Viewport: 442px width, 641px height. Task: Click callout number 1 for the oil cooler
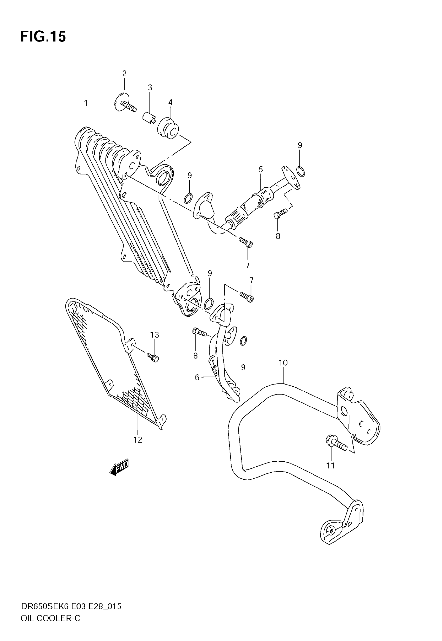pyautogui.click(x=86, y=103)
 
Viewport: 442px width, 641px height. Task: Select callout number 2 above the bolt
pyautogui.click(x=124, y=73)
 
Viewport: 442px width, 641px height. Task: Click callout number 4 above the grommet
pyautogui.click(x=170, y=103)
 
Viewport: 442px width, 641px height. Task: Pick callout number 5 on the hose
pyautogui.click(x=261, y=169)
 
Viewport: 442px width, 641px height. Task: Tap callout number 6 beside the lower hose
pyautogui.click(x=197, y=377)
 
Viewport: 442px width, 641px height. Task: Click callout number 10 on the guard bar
pyautogui.click(x=283, y=363)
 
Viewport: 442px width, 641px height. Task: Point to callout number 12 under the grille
pyautogui.click(x=138, y=440)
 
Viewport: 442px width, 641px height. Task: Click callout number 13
pyautogui.click(x=154, y=335)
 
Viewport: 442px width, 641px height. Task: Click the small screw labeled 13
pyautogui.click(x=153, y=357)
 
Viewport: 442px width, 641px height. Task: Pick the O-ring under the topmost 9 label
pyautogui.click(x=301, y=171)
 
